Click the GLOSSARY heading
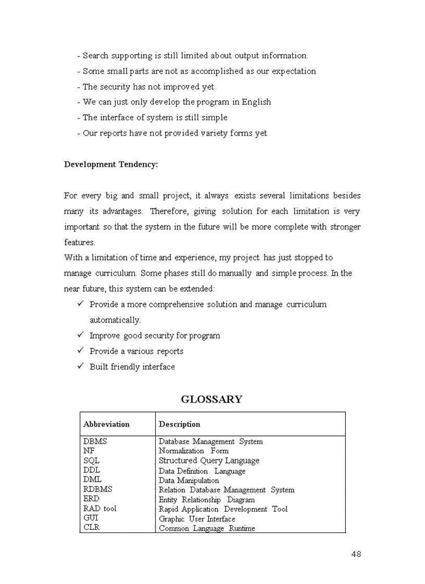click(x=211, y=399)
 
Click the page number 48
click(x=356, y=554)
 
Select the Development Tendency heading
click(x=110, y=164)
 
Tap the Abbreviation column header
click(x=106, y=424)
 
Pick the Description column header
click(x=179, y=424)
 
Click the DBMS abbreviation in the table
click(x=95, y=442)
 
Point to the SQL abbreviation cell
click(x=91, y=461)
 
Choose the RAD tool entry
click(x=99, y=509)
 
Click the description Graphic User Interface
click(x=197, y=519)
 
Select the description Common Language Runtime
click(x=207, y=528)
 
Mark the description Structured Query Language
click(x=209, y=461)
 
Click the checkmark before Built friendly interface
click(x=81, y=367)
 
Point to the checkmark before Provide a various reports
click(x=81, y=351)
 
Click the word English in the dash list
click(x=256, y=102)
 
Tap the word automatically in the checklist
click(x=115, y=320)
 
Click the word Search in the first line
click(x=95, y=56)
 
